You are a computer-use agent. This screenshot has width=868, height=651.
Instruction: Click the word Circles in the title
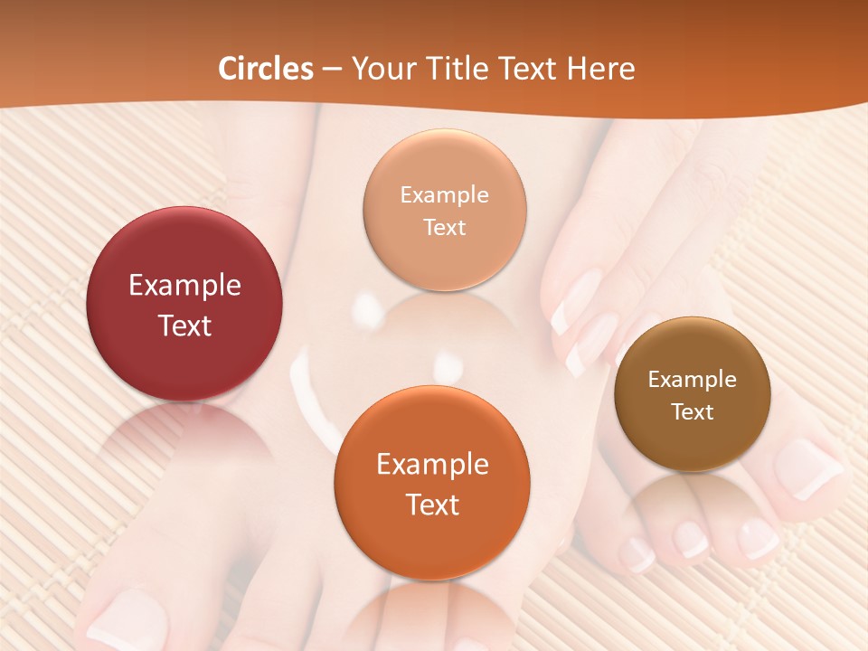(266, 69)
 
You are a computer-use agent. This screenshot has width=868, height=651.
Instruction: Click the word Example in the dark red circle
(184, 286)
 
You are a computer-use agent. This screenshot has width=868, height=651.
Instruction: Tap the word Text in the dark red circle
(184, 325)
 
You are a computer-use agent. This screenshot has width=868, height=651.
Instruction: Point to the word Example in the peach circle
(445, 195)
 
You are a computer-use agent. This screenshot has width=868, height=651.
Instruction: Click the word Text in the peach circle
(445, 227)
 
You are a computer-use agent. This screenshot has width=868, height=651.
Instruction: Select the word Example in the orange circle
(432, 465)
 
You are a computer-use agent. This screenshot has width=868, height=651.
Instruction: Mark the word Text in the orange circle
(432, 505)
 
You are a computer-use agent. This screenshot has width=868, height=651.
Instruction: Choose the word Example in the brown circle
(693, 380)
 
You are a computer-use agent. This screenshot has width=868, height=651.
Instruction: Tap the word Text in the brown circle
(693, 412)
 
